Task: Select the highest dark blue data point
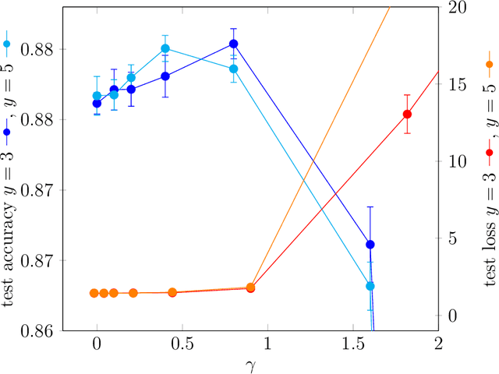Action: pos(233,44)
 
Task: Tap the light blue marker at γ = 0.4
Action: pos(165,48)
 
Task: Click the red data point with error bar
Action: pos(407,115)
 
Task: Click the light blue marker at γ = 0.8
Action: pos(233,69)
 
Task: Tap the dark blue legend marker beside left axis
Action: pos(7,132)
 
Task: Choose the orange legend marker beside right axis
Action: pos(489,65)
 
